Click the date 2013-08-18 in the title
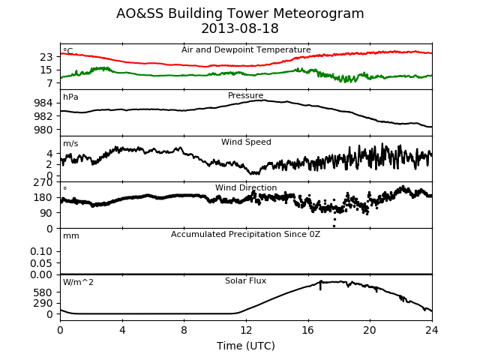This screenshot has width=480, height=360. (x=240, y=28)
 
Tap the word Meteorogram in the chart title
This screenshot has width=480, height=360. (x=318, y=13)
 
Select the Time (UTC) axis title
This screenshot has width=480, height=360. (x=246, y=346)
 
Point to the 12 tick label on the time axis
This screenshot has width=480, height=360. (x=246, y=330)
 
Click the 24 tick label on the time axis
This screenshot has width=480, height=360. (x=432, y=330)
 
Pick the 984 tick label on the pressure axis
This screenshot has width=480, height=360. (x=43, y=103)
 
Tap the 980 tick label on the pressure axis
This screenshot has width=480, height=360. (x=43, y=130)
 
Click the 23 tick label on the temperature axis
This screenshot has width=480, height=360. (x=46, y=57)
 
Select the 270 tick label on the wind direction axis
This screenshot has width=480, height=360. (x=43, y=182)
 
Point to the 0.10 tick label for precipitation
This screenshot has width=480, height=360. (x=41, y=252)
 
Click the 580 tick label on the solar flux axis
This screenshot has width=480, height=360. (x=43, y=292)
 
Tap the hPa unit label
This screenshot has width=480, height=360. (x=70, y=97)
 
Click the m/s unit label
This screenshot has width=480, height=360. (x=70, y=143)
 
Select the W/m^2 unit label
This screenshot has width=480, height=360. (x=78, y=282)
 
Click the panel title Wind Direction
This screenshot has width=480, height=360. (x=246, y=187)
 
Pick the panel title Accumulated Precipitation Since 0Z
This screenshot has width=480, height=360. (x=245, y=234)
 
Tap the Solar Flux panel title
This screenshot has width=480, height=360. (x=245, y=280)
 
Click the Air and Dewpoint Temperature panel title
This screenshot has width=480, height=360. (x=246, y=49)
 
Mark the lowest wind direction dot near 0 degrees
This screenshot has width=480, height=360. (x=334, y=226)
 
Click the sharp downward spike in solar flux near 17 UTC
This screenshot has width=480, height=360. (x=320, y=286)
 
